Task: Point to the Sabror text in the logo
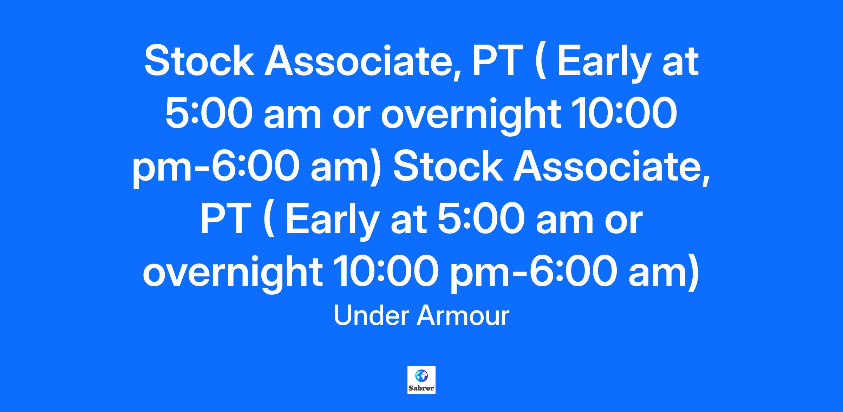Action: coord(421,389)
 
